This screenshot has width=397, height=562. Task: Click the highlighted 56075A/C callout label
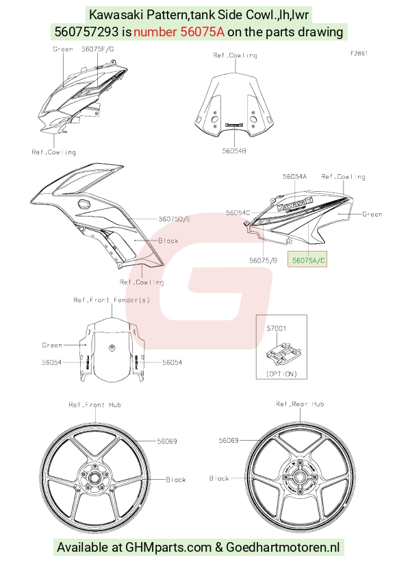pos(307,260)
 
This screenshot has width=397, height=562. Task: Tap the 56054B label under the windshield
pos(234,151)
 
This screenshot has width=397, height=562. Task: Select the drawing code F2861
pos(359,53)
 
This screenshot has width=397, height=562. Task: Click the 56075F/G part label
pos(98,49)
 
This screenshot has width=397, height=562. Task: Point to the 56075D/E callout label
pos(175,219)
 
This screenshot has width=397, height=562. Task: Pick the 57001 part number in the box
pos(277,328)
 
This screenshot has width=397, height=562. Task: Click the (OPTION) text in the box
pos(282,374)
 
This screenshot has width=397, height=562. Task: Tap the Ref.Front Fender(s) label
pos(112,300)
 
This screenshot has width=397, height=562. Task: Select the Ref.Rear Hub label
pos(300,404)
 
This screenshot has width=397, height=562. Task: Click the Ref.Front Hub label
pos(95,404)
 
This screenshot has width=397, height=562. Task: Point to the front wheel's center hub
pos(95,478)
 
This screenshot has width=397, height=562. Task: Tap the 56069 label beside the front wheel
pos(167,441)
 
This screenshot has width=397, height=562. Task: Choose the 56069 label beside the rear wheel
pos(229,440)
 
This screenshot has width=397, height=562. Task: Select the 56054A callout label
pos(294,176)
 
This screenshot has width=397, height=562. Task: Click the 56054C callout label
pos(238,213)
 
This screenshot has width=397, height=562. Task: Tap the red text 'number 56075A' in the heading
pos(179,32)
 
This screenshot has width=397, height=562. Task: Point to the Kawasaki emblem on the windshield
pos(234,125)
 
